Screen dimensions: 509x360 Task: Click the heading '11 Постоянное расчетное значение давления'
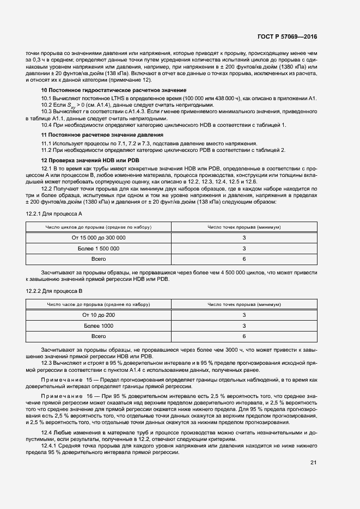click(102, 134)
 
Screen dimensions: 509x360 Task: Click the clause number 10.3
click(48, 111)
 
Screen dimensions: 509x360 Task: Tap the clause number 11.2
click(48, 150)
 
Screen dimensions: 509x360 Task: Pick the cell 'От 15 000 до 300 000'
click(99, 238)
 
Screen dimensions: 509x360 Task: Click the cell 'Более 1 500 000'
click(99, 248)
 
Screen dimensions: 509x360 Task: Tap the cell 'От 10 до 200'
click(99, 315)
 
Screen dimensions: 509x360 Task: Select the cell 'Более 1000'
click(99, 326)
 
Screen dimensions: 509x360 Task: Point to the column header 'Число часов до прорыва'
click(99, 304)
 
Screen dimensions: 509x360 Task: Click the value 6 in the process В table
click(244, 336)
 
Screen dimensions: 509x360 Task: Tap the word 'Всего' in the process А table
click(99, 259)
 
